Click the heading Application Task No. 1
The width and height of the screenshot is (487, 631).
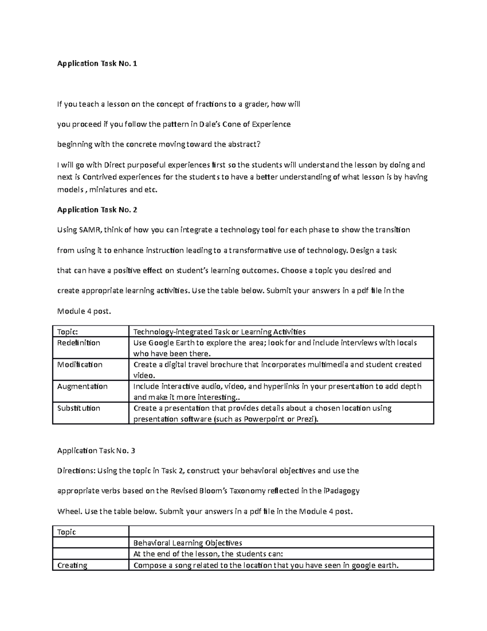pyautogui.click(x=97, y=63)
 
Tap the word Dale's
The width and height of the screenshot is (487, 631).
pyautogui.click(x=210, y=124)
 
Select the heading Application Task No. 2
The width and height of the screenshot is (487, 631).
pyautogui.click(x=97, y=210)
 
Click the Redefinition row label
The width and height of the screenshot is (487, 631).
pyautogui.click(x=79, y=343)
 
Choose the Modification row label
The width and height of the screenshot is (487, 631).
pyautogui.click(x=80, y=364)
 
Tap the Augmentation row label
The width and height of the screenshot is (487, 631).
pyautogui.click(x=82, y=386)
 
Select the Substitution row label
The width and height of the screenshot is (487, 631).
pyautogui.click(x=79, y=408)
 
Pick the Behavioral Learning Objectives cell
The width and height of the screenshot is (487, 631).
pyautogui.click(x=187, y=543)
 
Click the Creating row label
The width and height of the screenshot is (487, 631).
pyautogui.click(x=72, y=565)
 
